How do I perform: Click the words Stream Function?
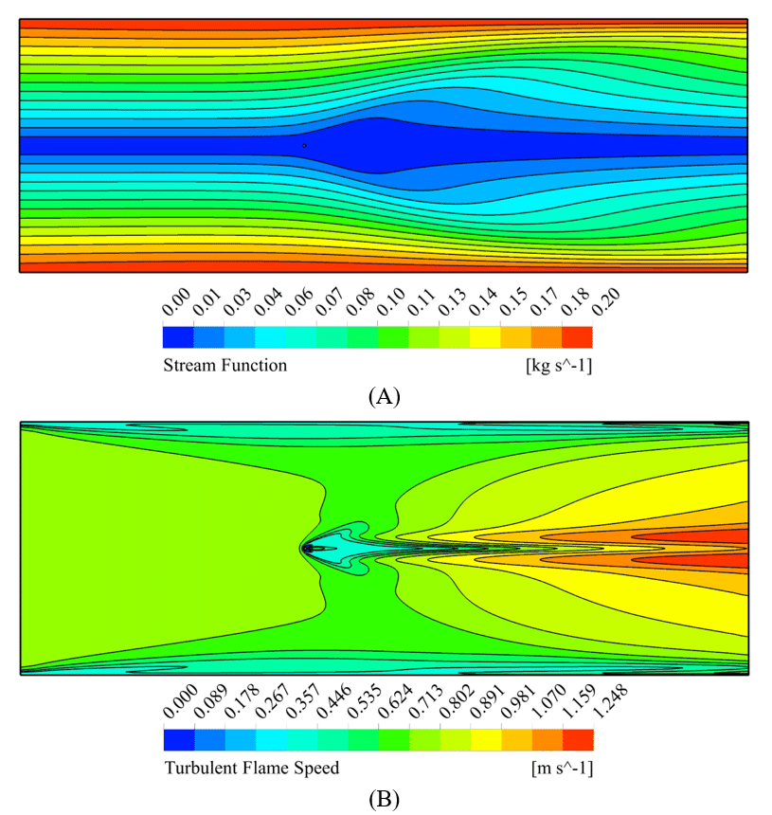[224, 365]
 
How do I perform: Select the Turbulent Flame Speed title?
[251, 768]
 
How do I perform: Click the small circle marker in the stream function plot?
[304, 146]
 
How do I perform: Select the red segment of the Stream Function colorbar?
[577, 336]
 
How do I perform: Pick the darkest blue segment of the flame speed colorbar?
[178, 739]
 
